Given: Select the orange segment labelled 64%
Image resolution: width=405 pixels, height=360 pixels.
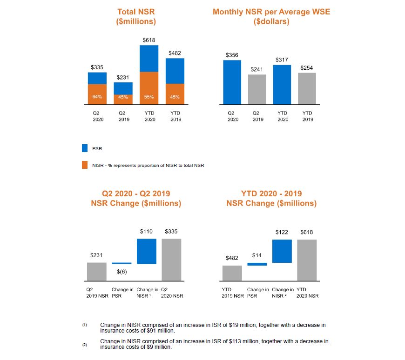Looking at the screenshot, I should click(97, 94).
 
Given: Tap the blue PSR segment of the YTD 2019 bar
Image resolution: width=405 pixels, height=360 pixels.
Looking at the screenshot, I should click(175, 71).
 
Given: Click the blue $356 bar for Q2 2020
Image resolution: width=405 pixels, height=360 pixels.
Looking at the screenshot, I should click(232, 82).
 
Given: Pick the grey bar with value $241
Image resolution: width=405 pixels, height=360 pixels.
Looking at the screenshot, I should click(257, 89).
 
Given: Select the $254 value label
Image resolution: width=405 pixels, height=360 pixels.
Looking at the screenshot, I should click(307, 68).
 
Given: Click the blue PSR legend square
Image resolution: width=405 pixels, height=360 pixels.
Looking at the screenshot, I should click(85, 149).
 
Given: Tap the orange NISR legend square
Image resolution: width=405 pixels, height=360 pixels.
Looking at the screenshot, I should click(85, 165).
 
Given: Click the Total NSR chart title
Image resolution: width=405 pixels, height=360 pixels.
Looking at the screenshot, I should click(136, 16).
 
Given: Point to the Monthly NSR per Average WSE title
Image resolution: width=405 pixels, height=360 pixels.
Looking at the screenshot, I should click(271, 16).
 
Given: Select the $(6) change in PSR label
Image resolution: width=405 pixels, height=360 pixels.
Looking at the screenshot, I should click(121, 272).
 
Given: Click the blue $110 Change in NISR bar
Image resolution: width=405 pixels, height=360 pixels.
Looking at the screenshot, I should click(146, 251).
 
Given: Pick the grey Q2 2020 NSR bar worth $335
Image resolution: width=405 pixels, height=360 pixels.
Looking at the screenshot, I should click(171, 260).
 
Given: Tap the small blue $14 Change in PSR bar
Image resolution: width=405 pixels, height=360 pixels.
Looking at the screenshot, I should click(257, 264).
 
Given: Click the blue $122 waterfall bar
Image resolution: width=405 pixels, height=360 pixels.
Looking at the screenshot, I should click(282, 251).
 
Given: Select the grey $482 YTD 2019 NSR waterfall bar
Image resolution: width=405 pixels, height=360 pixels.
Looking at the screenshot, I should click(232, 273).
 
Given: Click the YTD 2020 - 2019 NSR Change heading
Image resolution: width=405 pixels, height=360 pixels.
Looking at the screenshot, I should click(271, 199).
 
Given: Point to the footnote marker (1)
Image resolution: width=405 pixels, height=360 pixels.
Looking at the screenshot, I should click(85, 324).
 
